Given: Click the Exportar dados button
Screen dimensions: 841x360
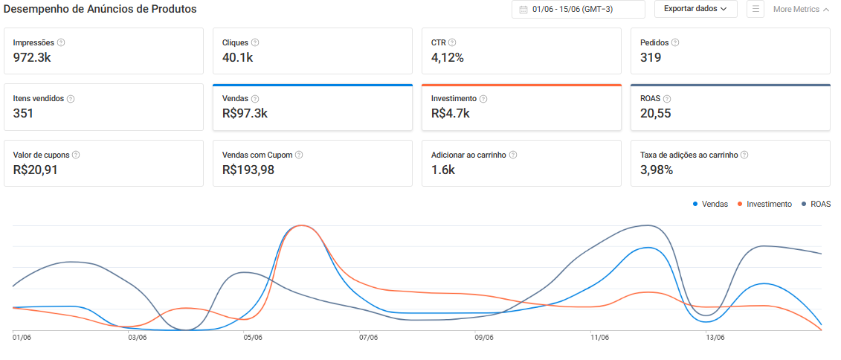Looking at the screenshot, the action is tap(696, 9).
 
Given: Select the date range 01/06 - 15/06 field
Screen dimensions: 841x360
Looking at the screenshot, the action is tap(579, 9).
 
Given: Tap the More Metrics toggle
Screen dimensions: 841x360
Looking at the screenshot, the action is tap(801, 9).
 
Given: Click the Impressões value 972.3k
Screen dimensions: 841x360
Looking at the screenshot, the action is tap(32, 57).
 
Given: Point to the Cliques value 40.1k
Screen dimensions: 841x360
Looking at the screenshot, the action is tap(237, 57).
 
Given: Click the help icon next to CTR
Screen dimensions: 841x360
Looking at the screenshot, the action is tap(452, 42).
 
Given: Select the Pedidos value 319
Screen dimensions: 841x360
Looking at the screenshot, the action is tap(651, 57).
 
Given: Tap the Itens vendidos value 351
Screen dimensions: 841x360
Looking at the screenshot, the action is tap(23, 113).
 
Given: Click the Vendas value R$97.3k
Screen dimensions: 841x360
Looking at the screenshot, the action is tap(245, 113).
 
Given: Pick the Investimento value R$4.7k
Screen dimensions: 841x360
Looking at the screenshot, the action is tap(451, 113).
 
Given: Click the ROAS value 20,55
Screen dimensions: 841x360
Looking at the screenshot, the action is tap(655, 113).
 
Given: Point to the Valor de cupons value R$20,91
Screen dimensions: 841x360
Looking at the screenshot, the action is tap(35, 170).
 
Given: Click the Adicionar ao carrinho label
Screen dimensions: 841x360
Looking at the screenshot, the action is tap(468, 155).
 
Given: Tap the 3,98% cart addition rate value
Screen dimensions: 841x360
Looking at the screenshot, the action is tap(657, 170).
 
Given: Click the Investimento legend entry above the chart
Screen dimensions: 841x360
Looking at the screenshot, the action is tap(765, 204).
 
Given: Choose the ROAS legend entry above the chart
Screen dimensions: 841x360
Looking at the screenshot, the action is tap(816, 204).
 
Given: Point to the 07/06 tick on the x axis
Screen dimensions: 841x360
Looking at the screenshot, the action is tap(369, 338).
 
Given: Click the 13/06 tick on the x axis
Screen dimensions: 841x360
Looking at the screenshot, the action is tap(715, 338).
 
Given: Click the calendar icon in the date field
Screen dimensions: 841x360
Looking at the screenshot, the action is tap(523, 9).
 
